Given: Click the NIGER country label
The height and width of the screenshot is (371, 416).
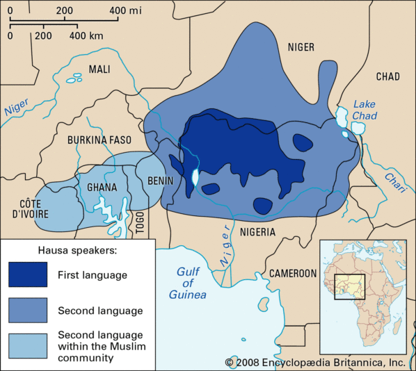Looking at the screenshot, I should tap(301, 47).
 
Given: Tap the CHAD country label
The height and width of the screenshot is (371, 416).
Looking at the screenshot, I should tap(388, 76).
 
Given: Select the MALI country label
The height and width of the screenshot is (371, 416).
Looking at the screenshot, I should tap(99, 69).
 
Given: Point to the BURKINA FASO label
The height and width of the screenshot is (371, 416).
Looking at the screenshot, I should tap(99, 140).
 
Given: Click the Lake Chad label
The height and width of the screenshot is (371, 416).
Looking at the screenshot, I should tap(364, 108).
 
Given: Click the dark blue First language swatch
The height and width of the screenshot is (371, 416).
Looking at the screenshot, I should tap(28, 275).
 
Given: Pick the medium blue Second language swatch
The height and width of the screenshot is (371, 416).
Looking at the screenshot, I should tap(28, 311).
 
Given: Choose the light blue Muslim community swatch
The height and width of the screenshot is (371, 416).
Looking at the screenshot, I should tap(28, 345).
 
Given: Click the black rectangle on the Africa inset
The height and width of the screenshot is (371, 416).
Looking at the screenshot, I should tap(349, 287).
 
